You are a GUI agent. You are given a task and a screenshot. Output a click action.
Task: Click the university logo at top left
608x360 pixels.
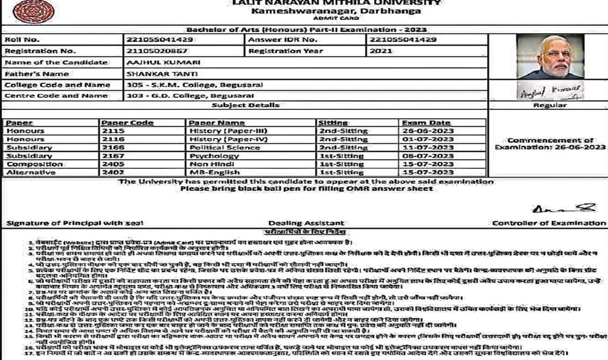[x=27, y=11]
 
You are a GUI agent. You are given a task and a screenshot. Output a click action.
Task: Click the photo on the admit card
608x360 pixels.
[x=550, y=57]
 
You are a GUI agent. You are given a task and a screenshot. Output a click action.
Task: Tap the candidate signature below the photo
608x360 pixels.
[x=550, y=91]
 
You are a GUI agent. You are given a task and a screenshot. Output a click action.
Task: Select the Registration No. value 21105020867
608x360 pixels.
[x=157, y=51]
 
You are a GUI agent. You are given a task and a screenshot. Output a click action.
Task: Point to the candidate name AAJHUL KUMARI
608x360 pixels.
[x=164, y=63]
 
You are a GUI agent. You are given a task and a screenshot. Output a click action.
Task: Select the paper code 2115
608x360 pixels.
[x=113, y=131]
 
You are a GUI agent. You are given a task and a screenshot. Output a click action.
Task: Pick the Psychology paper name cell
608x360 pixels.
[x=214, y=156]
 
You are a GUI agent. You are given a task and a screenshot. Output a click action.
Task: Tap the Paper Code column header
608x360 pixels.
[x=127, y=123]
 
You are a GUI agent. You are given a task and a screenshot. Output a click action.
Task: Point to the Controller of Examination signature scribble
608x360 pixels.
[x=563, y=208]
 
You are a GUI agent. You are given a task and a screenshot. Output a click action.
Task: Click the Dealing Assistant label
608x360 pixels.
[x=306, y=223]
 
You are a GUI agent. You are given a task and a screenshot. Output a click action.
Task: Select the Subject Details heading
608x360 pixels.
[x=245, y=105]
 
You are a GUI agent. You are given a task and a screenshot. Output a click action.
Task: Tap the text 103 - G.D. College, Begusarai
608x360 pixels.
[x=190, y=96]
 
